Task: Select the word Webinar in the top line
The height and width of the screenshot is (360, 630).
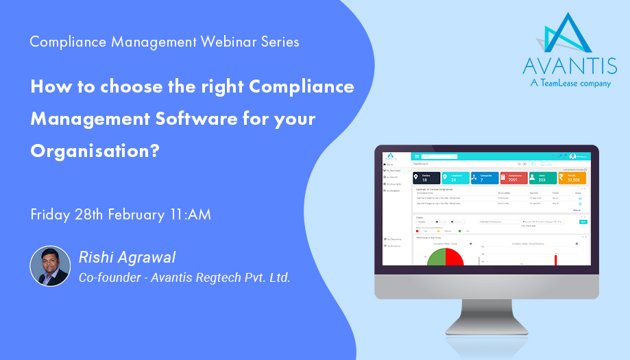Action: (209, 42)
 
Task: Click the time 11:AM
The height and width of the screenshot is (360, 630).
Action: (189, 214)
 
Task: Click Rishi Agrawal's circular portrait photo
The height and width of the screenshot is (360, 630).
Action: (50, 266)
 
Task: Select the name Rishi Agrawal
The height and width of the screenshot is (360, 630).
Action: (128, 258)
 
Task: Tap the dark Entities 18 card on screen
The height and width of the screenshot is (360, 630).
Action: (426, 178)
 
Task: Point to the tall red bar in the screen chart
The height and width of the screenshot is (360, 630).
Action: (555, 259)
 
